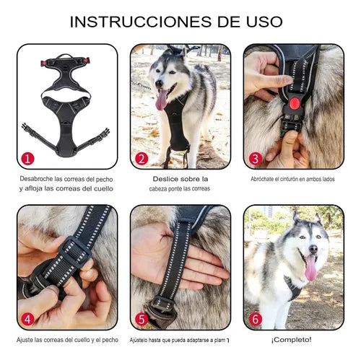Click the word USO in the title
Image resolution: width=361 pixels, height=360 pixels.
click(x=264, y=22)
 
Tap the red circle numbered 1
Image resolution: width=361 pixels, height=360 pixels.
click(x=27, y=158)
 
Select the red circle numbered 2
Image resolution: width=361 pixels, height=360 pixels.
click(x=142, y=158)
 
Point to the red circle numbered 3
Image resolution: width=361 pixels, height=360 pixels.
click(x=254, y=158)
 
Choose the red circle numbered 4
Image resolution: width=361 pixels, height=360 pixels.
click(x=27, y=318)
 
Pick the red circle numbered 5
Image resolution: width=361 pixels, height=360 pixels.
click(x=142, y=318)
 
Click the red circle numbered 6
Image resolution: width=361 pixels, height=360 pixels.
click(x=254, y=318)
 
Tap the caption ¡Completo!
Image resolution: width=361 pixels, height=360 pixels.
click(x=291, y=339)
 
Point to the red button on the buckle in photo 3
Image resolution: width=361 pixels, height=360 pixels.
click(x=295, y=103)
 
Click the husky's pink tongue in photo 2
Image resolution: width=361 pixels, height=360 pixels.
click(x=160, y=100)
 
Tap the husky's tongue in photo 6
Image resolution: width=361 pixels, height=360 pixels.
click(x=311, y=268)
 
